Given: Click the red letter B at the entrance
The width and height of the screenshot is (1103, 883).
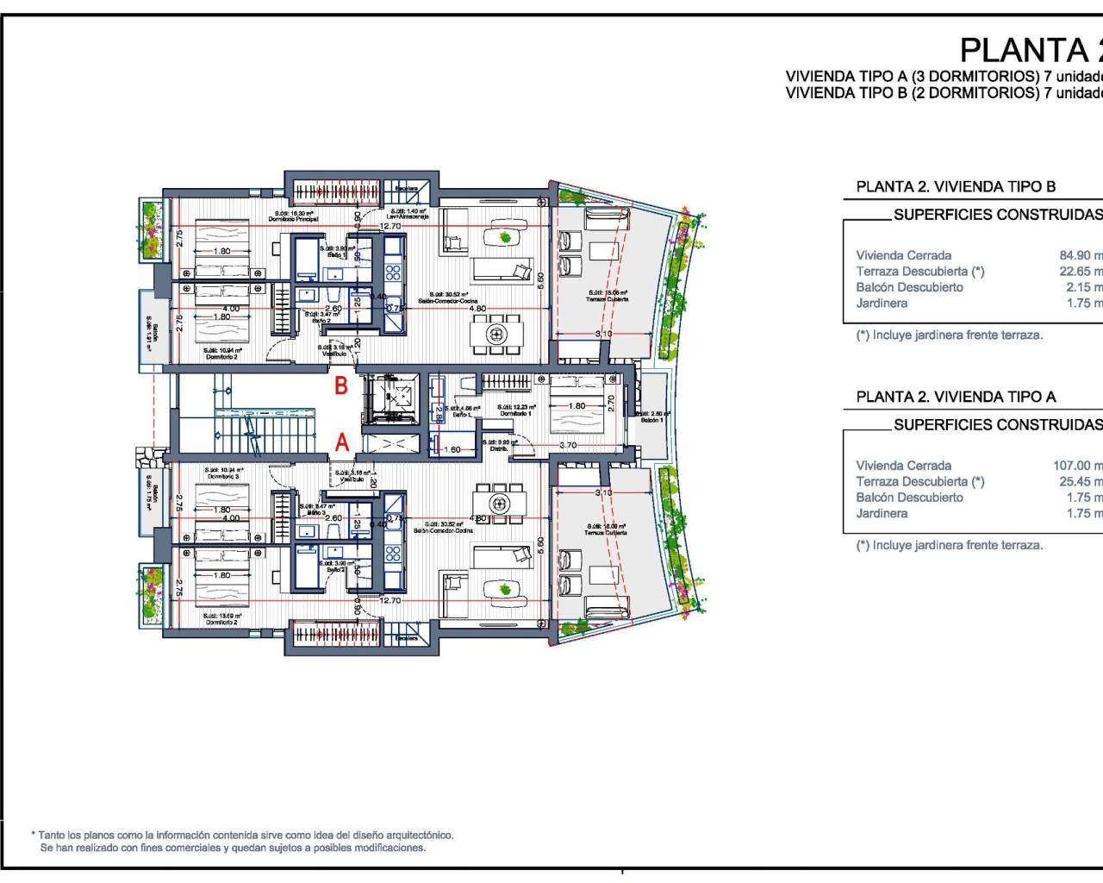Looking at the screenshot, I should click(x=341, y=385).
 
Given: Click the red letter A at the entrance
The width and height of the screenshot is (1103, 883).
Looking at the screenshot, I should click(x=342, y=442).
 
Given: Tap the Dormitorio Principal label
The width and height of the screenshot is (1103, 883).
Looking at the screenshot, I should click(x=293, y=219).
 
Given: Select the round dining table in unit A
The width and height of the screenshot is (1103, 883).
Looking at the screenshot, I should click(x=496, y=503).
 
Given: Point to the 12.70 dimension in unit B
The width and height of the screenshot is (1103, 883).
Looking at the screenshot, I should click(x=390, y=226).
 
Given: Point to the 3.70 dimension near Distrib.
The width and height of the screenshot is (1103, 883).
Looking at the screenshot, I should click(x=567, y=446).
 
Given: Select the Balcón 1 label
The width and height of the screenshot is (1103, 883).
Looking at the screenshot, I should click(x=652, y=420).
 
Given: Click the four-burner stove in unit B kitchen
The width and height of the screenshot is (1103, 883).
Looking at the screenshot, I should click(x=393, y=272).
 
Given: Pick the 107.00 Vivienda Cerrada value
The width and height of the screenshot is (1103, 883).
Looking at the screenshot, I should click(x=1076, y=466).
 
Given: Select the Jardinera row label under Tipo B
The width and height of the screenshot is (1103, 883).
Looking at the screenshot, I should click(x=882, y=304).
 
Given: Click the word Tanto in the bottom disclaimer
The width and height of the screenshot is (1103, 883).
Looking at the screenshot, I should click(x=53, y=835).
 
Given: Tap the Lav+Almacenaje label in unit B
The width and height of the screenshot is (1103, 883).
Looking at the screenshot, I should click(x=408, y=216).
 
